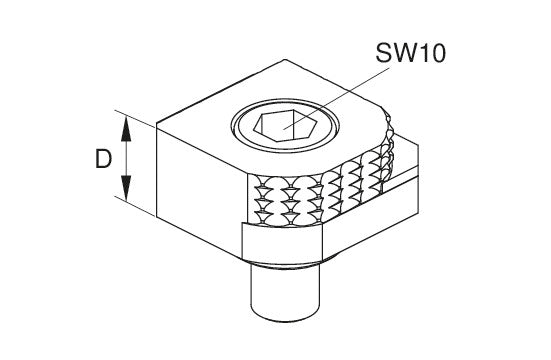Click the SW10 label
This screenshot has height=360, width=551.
410,53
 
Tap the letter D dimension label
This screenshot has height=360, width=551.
103,159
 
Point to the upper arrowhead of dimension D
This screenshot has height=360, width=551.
126,129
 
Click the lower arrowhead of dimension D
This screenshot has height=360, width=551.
126,188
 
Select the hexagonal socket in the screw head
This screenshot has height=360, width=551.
285,126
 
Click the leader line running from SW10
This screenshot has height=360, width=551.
337,98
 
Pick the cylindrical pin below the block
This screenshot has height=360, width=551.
285,292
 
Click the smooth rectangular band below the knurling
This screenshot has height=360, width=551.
282,243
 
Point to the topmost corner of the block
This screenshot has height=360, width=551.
285,60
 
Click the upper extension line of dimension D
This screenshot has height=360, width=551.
135,118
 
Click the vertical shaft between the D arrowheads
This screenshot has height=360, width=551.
126,159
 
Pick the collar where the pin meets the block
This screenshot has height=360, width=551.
285,264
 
